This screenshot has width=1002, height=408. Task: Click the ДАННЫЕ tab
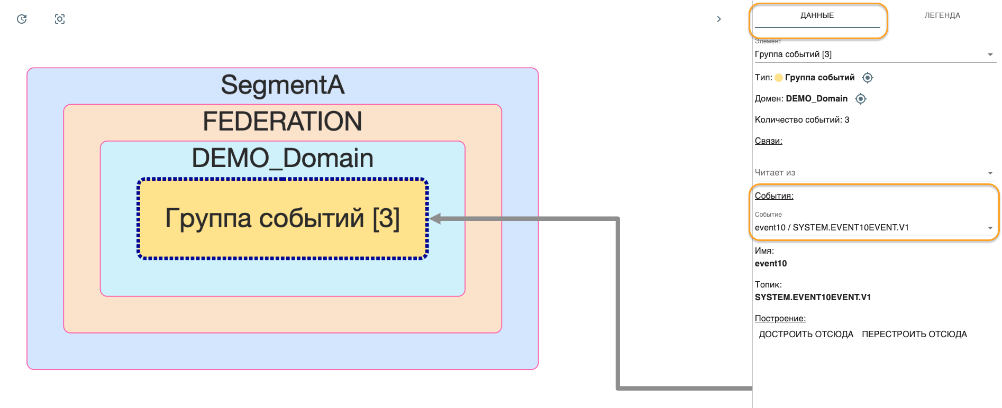pos(817,16)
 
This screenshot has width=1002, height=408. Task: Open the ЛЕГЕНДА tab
pos(942,16)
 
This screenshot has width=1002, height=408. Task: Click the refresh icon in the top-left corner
pos(22,19)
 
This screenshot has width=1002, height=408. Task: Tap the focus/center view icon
pos(60,19)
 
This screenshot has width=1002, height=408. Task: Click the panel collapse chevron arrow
pos(718,19)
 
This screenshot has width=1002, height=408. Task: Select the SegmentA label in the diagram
pos(283,85)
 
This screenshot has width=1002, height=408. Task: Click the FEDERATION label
pos(283,122)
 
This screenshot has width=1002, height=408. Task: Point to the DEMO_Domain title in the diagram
pos(283,158)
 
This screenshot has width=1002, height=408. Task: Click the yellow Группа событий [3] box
pos(283,218)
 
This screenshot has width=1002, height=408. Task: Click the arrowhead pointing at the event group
pos(435,219)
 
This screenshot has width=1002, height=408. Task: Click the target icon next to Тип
pos(867,78)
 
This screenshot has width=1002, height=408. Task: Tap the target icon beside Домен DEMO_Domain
pos(861,99)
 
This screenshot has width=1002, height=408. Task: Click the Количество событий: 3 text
pos(801,120)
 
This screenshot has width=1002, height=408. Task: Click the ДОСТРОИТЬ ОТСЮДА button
pos(806,334)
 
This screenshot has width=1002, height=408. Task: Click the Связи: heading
pos(768,141)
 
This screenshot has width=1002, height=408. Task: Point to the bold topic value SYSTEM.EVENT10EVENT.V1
pos(813,298)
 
